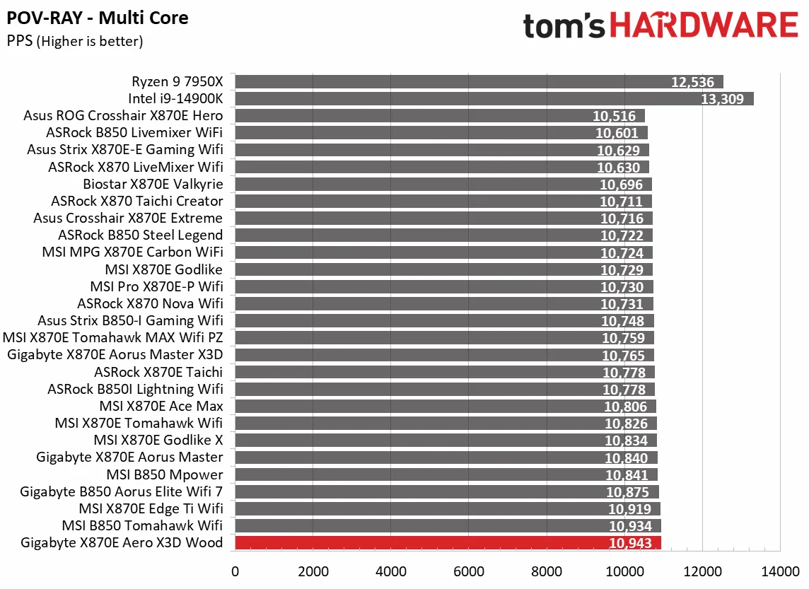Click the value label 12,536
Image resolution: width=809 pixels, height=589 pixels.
(x=692, y=82)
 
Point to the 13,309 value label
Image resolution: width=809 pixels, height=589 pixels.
(x=722, y=99)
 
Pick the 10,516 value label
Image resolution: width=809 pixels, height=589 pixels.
(x=615, y=116)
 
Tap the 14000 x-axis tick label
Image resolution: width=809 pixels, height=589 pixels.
(x=780, y=570)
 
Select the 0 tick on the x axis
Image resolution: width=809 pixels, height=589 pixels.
(x=235, y=570)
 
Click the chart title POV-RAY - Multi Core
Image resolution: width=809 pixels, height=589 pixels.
(x=98, y=18)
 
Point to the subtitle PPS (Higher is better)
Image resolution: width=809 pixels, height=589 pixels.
(x=75, y=42)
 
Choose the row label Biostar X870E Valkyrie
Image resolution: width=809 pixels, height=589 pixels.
(x=153, y=184)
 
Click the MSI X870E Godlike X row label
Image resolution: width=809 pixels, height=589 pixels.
(x=158, y=440)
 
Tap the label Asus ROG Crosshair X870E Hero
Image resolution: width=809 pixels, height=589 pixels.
(x=123, y=115)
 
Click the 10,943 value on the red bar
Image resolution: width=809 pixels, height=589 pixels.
(x=630, y=544)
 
